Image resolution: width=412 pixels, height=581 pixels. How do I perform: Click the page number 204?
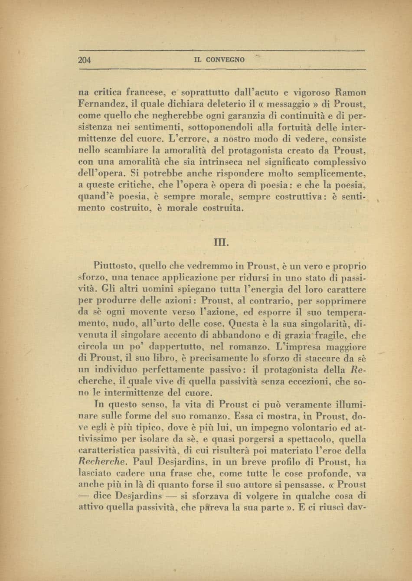coord(84,60)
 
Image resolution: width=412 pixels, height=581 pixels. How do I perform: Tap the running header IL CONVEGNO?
coord(220,60)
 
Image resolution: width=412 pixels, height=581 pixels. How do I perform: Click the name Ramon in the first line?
coord(350,92)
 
